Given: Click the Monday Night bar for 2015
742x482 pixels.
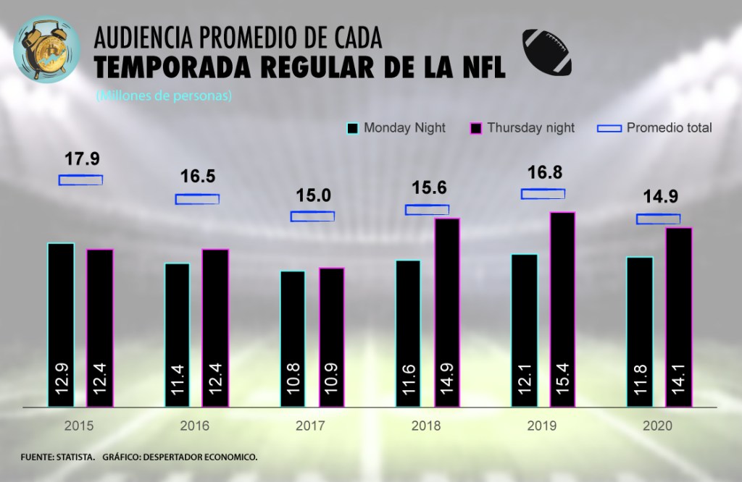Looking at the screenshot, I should tap(61, 325).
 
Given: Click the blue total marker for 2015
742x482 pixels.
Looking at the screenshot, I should tap(80, 179).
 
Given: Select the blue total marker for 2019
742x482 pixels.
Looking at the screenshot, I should tap(543, 193).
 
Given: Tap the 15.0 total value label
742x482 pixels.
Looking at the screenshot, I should tap(313, 195).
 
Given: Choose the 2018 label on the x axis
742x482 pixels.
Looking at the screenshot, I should tap(426, 426).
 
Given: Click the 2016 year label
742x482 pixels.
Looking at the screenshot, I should tap(195, 426).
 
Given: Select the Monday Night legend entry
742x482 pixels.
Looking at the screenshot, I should tap(396, 128).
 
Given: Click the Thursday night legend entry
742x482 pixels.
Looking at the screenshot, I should tap(522, 128).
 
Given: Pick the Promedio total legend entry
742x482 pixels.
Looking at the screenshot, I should tap(655, 128).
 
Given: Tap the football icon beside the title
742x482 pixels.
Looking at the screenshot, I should tap(547, 53).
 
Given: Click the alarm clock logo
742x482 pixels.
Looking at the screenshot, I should tap(47, 48).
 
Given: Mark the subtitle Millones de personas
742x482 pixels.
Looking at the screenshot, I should tap(163, 96).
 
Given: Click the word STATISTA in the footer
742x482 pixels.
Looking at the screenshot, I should tap(75, 458).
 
